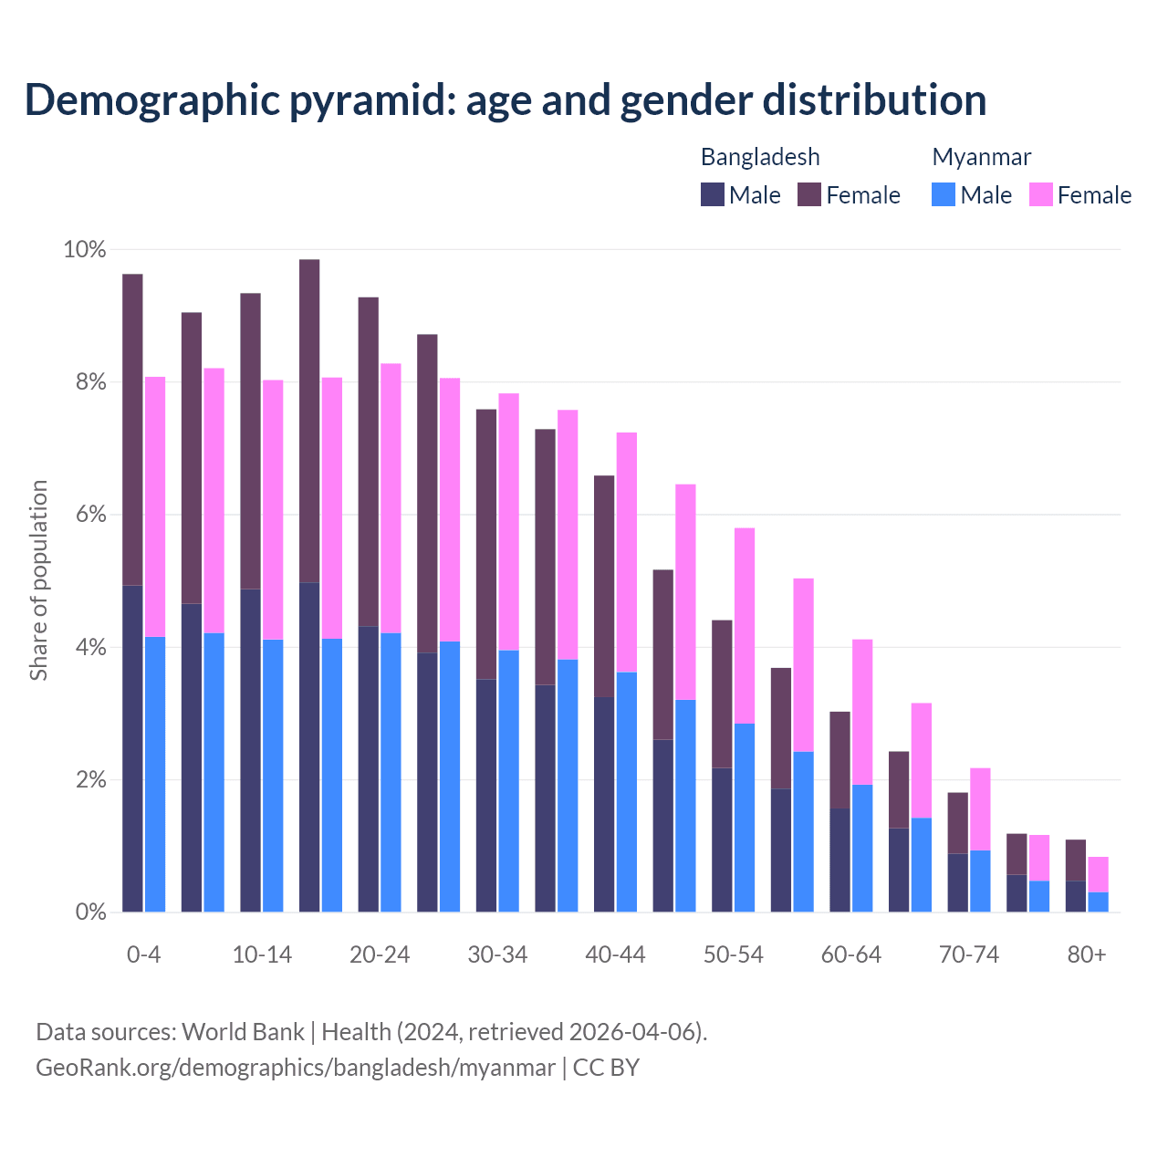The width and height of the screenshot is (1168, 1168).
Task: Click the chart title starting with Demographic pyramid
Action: pos(506,99)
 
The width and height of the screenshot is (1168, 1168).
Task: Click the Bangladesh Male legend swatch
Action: pos(712,194)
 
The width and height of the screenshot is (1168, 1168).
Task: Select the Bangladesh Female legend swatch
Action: pos(809,194)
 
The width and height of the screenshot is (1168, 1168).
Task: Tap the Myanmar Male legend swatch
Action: pos(944,194)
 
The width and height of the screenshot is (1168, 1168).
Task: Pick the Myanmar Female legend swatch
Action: pos(1040,194)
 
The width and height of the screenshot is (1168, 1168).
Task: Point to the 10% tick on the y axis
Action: pos(85,249)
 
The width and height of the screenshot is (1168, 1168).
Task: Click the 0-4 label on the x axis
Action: pos(144,954)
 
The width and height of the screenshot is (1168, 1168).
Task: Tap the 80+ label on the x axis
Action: pos(1087,954)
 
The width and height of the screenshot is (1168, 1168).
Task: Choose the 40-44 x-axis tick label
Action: pos(615,954)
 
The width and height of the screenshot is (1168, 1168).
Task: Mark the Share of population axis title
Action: pos(38,580)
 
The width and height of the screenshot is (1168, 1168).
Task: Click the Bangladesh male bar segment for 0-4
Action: pos(132,748)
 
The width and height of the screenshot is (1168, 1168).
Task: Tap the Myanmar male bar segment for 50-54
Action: pos(745,818)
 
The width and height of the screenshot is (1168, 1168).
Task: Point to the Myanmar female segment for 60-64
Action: pos(862,712)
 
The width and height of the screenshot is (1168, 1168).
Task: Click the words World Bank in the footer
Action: pos(243,1032)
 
